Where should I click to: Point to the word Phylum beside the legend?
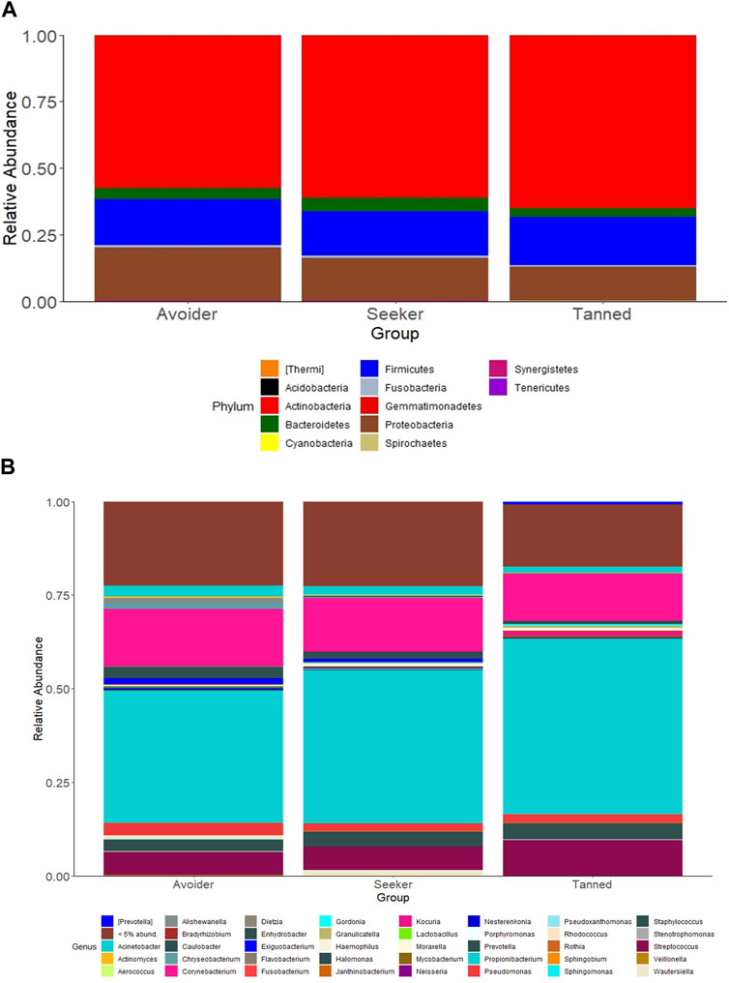(x=232, y=406)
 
